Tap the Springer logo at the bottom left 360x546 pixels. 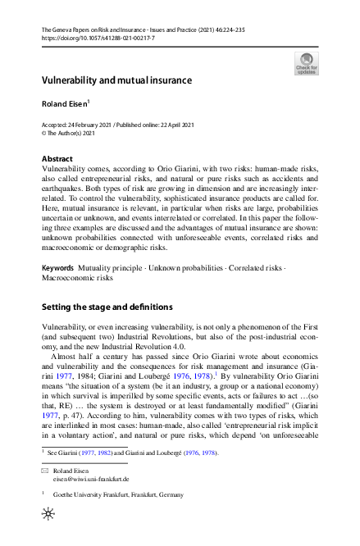[x=47, y=534]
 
